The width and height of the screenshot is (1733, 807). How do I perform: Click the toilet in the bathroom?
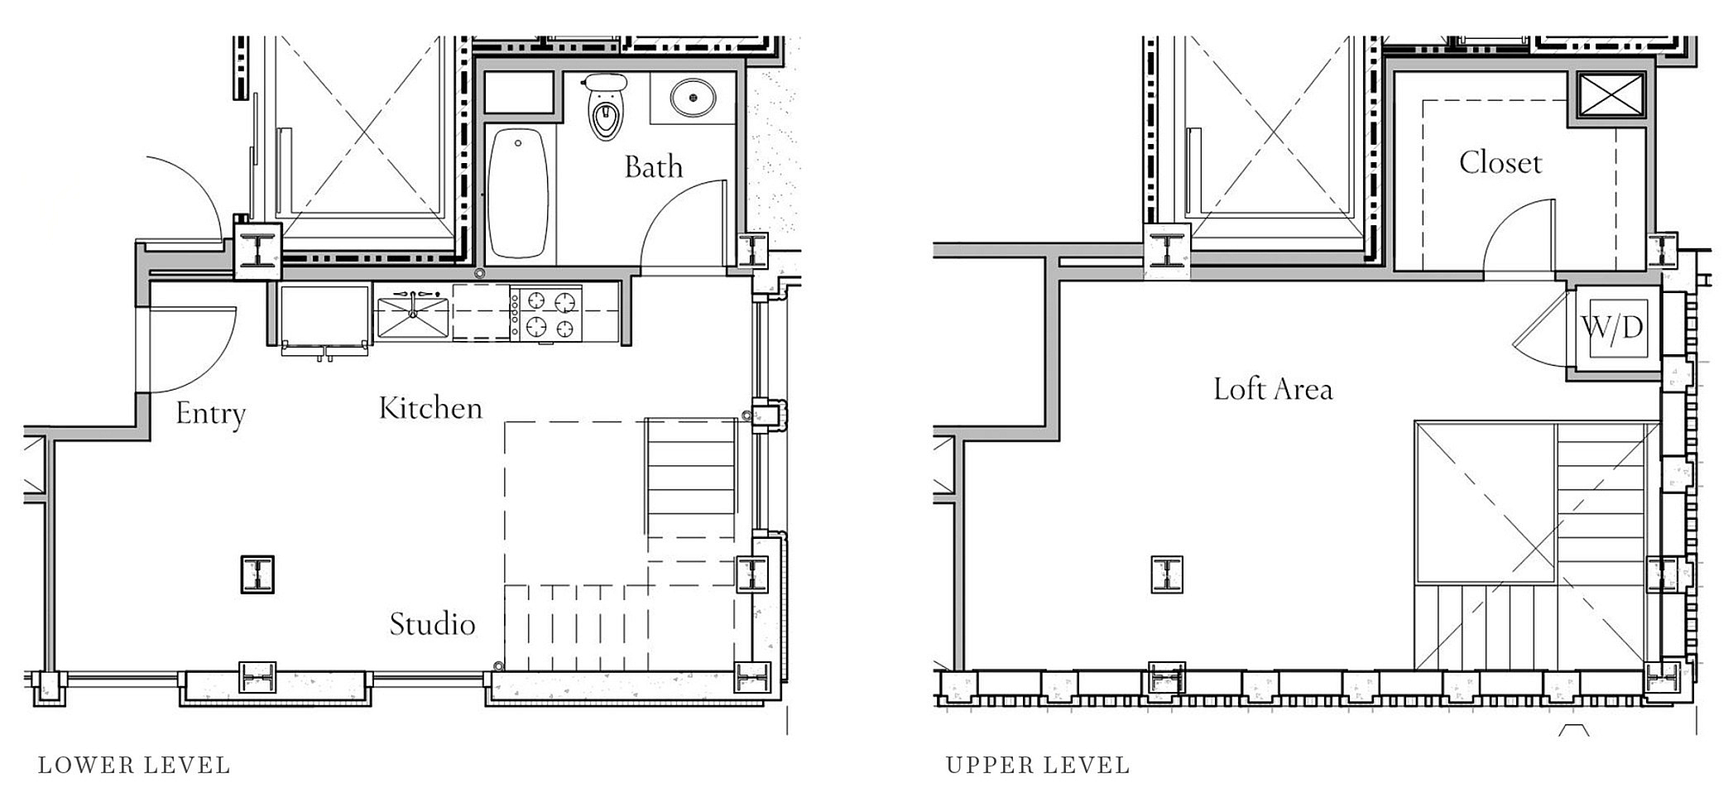pyautogui.click(x=605, y=105)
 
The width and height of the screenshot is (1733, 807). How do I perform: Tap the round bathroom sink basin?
pyautogui.click(x=693, y=98)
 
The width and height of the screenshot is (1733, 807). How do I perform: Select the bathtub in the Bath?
pyautogui.click(x=518, y=194)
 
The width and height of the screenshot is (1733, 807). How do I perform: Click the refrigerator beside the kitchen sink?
pyautogui.click(x=324, y=319)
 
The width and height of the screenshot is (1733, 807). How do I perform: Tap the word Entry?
pyautogui.click(x=211, y=414)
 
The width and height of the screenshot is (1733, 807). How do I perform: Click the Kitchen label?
pyautogui.click(x=430, y=407)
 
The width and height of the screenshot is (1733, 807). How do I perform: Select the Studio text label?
pyautogui.click(x=432, y=624)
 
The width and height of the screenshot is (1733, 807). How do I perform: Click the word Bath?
pyautogui.click(x=654, y=167)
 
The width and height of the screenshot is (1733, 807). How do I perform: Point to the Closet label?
pyautogui.click(x=1500, y=162)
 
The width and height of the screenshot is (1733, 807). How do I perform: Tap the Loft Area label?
pyautogui.click(x=1273, y=389)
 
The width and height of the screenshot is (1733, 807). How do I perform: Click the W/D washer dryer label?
pyautogui.click(x=1613, y=328)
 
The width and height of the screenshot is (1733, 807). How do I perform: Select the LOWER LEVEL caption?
pyautogui.click(x=134, y=766)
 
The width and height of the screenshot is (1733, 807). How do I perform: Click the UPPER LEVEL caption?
pyautogui.click(x=1038, y=766)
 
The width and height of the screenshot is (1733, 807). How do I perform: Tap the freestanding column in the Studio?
pyautogui.click(x=257, y=574)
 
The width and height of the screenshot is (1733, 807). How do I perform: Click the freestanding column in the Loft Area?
pyautogui.click(x=1167, y=574)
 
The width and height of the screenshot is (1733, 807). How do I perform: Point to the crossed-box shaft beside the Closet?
pyautogui.click(x=1611, y=95)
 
